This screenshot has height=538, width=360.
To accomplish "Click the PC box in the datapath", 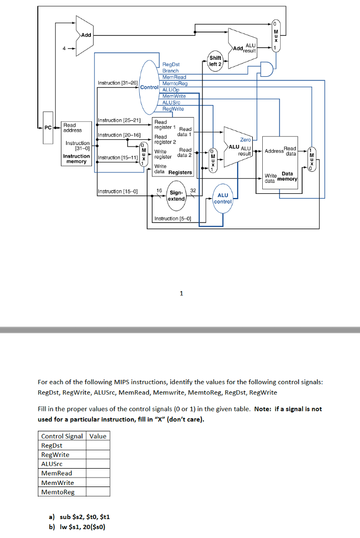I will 48,128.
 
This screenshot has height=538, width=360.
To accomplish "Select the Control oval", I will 149,87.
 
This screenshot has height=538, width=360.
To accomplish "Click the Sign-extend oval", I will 177,196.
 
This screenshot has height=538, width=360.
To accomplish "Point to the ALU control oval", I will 223,198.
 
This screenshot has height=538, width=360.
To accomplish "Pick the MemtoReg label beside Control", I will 175,84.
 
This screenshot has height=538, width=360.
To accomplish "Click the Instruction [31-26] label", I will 118,83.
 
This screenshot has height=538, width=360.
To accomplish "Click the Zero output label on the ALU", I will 245,140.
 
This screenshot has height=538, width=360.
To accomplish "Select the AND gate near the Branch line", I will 266,69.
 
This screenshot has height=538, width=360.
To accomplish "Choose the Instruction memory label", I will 77,159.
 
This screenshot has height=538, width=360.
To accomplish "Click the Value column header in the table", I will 98,436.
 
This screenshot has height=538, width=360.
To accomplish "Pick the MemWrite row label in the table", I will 57,482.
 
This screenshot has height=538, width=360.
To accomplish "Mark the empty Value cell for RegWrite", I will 98,454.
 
